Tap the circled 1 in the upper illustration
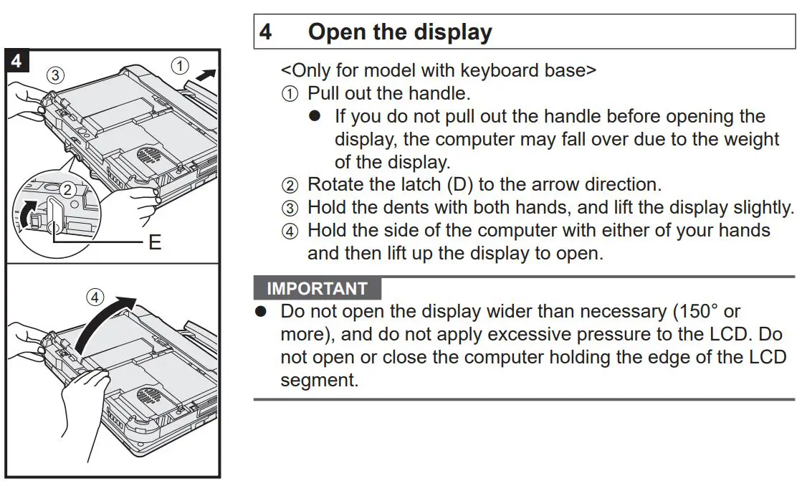coord(181,66)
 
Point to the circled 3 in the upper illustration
coord(54,74)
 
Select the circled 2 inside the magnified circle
coord(67,190)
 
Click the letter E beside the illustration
coord(155,242)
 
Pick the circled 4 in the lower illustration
coord(95,296)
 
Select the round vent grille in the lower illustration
coord(148,396)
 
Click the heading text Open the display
coord(400,32)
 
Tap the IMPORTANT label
coord(317,289)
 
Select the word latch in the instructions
coord(418,184)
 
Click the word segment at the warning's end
coord(319,380)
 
